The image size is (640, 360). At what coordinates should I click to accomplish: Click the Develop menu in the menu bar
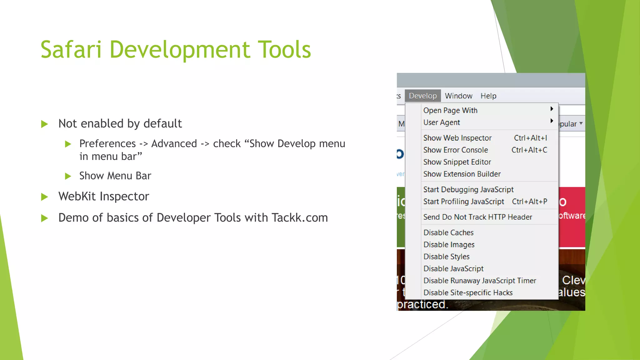pos(422,96)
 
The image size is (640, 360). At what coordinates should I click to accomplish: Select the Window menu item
pos(458,96)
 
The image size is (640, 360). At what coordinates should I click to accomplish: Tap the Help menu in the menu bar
pos(488,96)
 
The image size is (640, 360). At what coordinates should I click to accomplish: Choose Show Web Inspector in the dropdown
pos(457,138)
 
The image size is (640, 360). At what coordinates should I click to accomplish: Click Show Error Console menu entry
pos(455,150)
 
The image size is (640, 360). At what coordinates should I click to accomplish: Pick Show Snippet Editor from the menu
pos(457,162)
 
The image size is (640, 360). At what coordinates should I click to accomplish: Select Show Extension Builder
pos(462,174)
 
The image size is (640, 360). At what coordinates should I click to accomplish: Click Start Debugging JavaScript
pos(468,189)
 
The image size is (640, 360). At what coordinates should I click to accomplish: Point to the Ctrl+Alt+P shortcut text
pos(529,202)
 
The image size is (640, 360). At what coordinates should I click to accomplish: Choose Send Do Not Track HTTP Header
pos(477,217)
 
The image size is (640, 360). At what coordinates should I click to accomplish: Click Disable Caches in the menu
pos(448,232)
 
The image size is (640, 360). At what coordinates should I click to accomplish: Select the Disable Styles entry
pos(446,257)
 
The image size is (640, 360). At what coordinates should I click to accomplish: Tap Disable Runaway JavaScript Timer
pos(479,281)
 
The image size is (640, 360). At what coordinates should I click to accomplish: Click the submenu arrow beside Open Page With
pos(552,109)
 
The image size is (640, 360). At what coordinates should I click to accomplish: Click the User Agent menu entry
pos(441,122)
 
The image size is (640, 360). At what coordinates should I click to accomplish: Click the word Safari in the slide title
pos(71,49)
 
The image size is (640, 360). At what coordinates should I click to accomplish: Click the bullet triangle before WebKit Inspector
pos(45,197)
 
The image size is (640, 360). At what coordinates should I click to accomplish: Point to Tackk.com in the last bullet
pos(299,217)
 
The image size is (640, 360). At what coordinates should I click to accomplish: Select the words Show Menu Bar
pos(115,176)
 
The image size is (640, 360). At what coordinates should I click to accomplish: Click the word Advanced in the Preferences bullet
pos(174,143)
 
